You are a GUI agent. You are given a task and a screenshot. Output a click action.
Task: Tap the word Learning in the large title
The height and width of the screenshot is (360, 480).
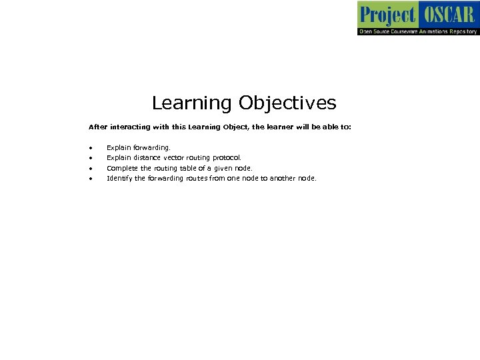point(192,103)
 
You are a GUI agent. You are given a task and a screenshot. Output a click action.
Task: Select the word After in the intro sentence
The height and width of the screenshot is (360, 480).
point(97,126)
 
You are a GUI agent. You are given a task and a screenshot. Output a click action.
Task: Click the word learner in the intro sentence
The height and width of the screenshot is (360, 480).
point(267,126)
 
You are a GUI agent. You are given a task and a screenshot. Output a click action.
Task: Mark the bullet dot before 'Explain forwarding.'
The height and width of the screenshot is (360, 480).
point(89,147)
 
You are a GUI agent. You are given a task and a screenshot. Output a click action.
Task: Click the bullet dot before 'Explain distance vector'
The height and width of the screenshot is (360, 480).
point(89,158)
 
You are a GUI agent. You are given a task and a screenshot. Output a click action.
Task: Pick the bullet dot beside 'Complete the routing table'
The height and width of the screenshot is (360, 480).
point(89,169)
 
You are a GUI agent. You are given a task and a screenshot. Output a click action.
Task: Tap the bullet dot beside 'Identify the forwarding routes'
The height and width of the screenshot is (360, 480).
point(89,179)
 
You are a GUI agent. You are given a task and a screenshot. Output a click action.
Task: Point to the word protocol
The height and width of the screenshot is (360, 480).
point(227,158)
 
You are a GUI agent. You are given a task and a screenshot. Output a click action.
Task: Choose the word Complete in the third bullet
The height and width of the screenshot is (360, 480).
point(121,169)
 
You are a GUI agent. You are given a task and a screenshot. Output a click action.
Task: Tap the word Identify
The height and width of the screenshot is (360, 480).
point(119,179)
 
